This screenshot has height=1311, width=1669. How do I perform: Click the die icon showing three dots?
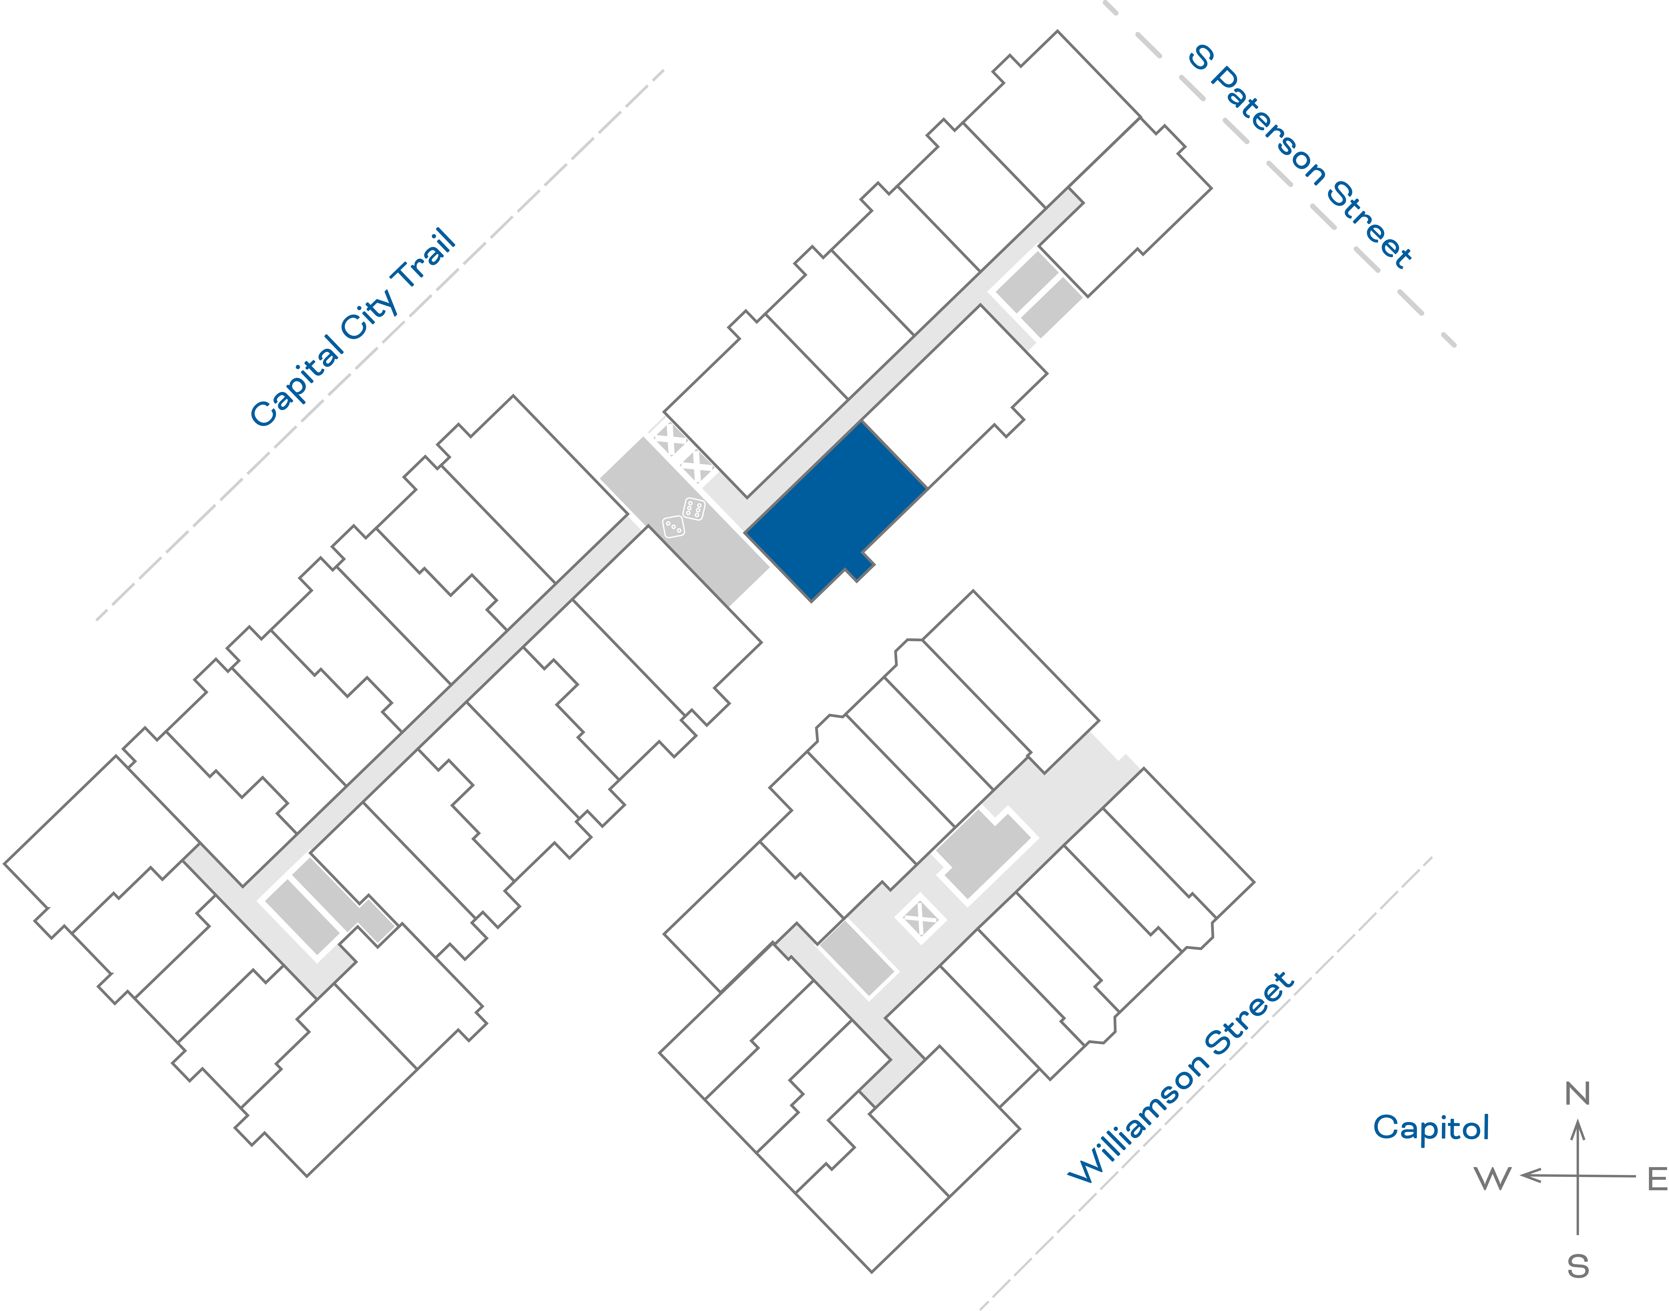pos(673,526)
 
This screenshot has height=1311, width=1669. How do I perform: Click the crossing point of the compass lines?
pos(1578,1175)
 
